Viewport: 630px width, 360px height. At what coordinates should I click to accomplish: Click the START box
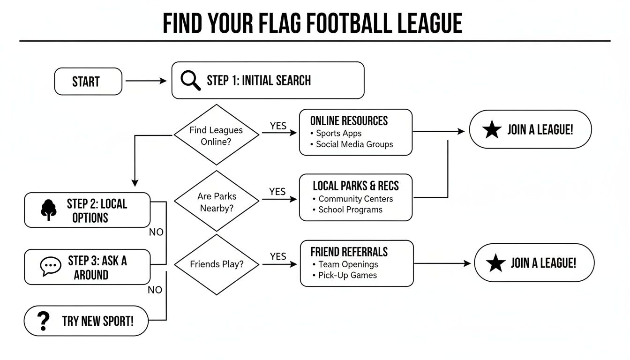88,82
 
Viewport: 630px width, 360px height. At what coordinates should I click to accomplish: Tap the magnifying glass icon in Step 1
190,80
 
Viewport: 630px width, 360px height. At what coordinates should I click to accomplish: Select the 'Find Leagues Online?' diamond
216,135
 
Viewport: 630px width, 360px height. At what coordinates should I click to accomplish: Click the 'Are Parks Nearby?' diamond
216,202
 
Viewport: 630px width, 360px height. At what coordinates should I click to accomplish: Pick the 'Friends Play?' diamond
217,264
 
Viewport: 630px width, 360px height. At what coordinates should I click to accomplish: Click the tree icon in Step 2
48,210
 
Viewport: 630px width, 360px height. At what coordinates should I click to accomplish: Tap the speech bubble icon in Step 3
51,267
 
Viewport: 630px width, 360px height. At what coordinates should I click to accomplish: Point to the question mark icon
43,321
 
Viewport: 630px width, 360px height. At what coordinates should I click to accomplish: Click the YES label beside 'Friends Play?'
278,256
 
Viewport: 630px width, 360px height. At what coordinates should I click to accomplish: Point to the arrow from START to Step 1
146,81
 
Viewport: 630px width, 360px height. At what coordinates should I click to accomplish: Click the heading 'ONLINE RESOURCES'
349,121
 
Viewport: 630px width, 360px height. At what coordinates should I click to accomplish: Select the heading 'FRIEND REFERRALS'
349,252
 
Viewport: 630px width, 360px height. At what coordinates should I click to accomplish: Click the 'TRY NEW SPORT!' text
97,321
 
